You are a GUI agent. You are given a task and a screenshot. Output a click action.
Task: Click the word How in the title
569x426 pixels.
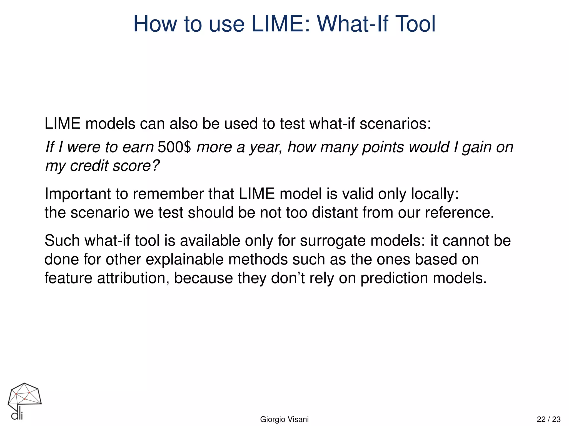point(155,24)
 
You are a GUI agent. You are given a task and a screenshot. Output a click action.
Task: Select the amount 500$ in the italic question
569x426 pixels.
point(174,147)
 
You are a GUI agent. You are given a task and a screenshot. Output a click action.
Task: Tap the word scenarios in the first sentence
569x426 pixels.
point(395,124)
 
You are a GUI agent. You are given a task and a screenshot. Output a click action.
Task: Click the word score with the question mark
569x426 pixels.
point(136,166)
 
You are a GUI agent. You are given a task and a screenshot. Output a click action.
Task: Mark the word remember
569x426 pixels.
point(168,194)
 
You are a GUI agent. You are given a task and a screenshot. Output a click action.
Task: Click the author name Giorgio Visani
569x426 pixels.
point(284,419)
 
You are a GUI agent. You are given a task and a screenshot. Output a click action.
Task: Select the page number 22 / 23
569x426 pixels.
point(548,419)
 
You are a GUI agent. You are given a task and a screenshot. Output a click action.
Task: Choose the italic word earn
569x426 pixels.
point(138,147)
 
